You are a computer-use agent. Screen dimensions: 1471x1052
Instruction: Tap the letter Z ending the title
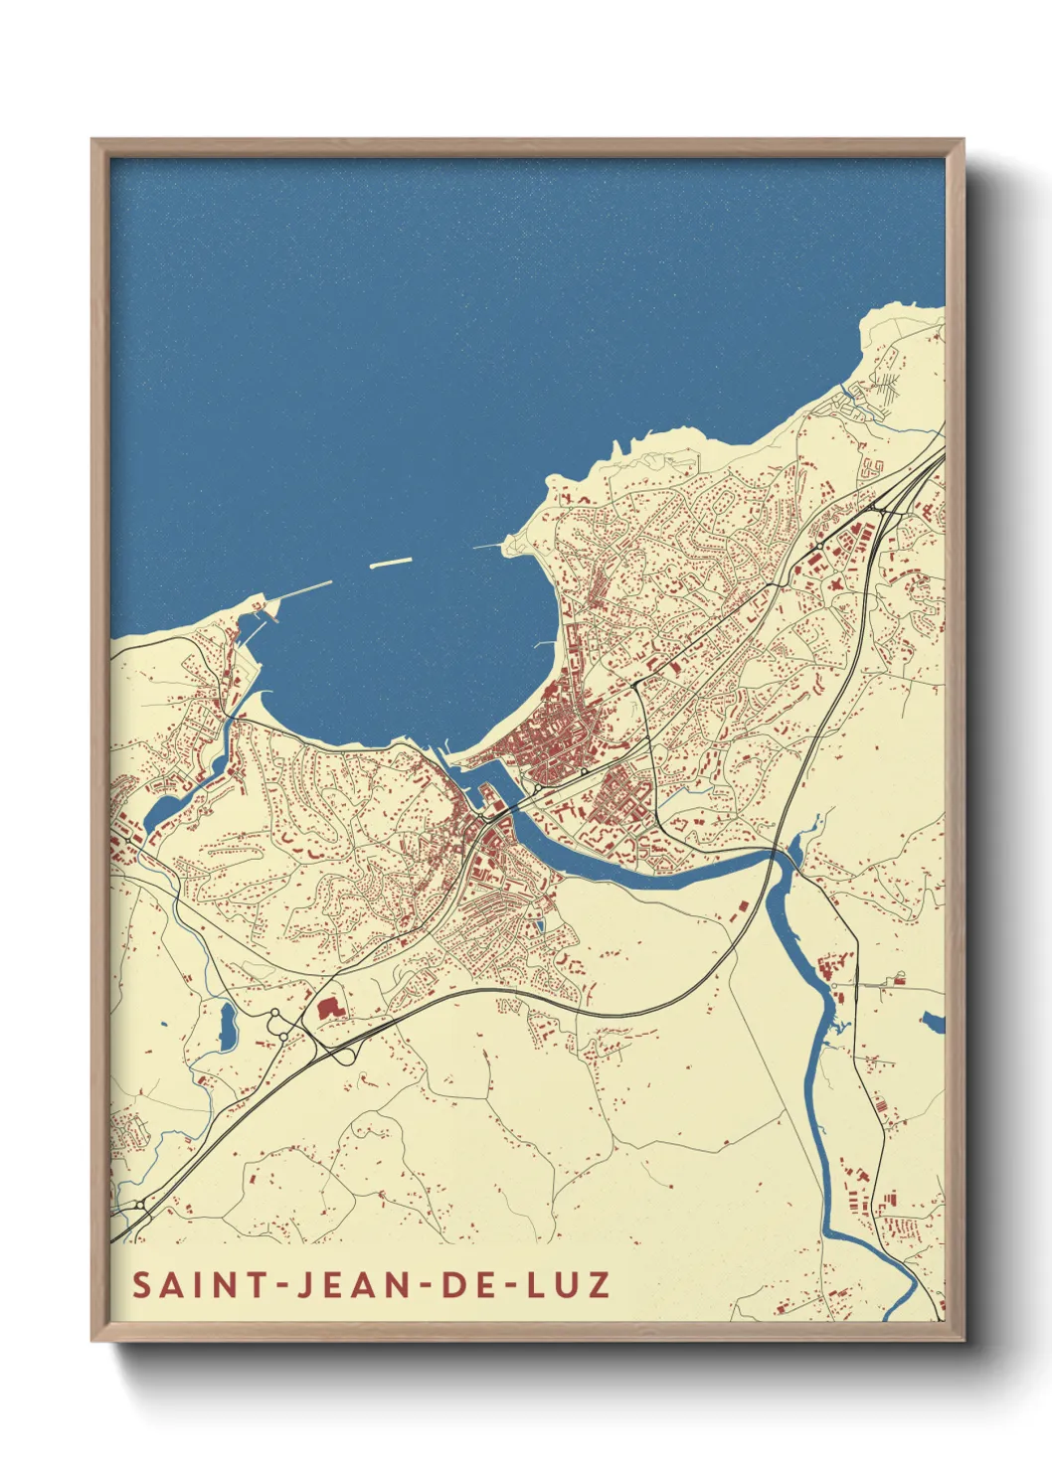599,1285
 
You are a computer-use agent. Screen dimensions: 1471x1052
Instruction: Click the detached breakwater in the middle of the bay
390,563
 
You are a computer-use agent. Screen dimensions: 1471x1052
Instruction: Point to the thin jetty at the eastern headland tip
487,546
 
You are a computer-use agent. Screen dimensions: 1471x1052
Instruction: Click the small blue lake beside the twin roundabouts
228,1027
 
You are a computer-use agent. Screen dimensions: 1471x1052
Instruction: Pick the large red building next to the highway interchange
328,1007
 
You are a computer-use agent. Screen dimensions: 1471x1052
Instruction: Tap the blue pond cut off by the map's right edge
933,1021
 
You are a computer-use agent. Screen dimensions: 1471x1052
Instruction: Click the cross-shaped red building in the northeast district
837,582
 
